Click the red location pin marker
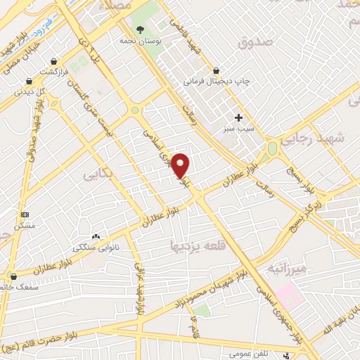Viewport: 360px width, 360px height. point(181,165)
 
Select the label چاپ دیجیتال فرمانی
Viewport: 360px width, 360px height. point(217,82)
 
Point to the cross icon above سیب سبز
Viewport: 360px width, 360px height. point(239,117)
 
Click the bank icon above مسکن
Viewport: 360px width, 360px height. point(25,214)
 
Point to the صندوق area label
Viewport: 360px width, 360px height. point(254,42)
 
